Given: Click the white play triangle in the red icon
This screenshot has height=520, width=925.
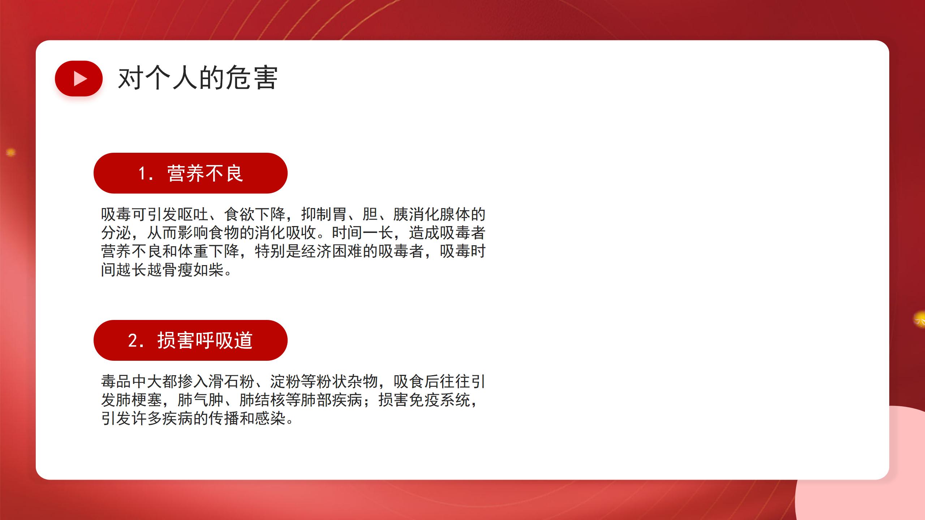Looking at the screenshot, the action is pos(80,78).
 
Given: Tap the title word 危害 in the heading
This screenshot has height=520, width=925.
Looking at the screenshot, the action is pos(251,78).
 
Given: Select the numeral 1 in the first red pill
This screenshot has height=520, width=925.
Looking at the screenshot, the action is pos(142,173).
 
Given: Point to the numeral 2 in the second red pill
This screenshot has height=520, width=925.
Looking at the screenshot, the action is pos(133,341).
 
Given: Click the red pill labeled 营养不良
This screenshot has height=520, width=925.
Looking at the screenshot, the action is pos(190,173).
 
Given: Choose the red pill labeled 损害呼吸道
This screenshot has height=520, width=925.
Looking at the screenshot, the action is pos(190,340).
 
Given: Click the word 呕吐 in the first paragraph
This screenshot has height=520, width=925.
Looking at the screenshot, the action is pos(193,214).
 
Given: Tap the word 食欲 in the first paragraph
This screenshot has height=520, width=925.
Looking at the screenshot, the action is pos(240,214).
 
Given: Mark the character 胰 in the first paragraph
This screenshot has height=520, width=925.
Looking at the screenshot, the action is pos(401,214).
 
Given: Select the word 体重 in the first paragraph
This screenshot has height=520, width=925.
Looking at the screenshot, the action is pos(193,251).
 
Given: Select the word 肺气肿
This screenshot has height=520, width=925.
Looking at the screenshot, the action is pos(201,400).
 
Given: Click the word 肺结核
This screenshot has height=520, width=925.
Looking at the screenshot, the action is pos(262,400).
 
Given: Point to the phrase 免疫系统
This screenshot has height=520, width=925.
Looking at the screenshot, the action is pos(439,400).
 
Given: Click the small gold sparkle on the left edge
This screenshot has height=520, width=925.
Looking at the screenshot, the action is pos(11,153).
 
